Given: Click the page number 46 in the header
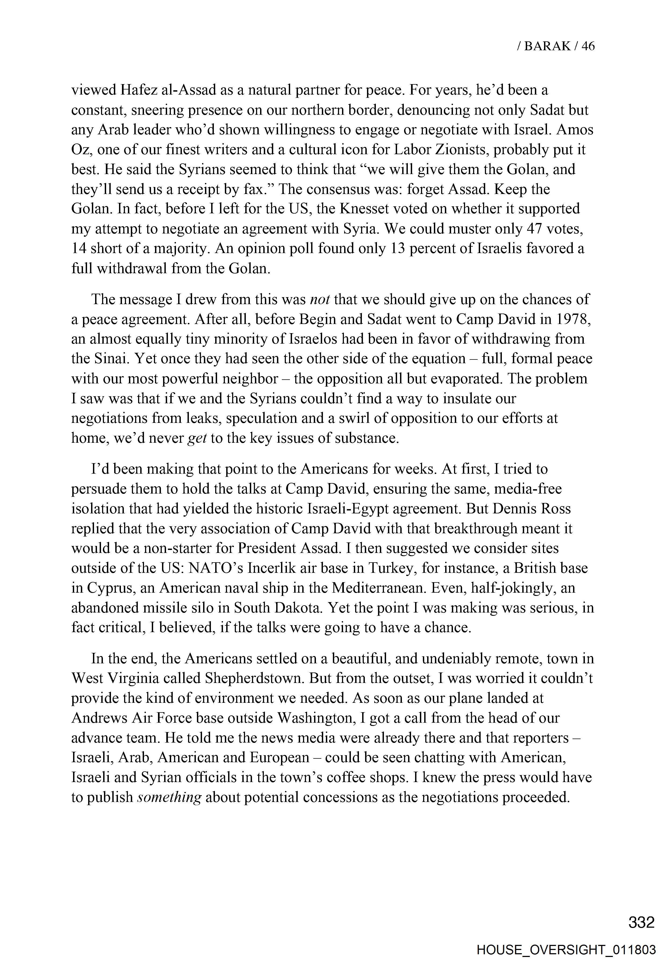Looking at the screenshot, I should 588,46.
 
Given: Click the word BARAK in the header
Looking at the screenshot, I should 547,46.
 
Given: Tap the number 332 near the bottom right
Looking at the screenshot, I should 641,923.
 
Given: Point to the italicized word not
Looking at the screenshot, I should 321,299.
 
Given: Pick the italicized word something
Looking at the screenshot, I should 170,797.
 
